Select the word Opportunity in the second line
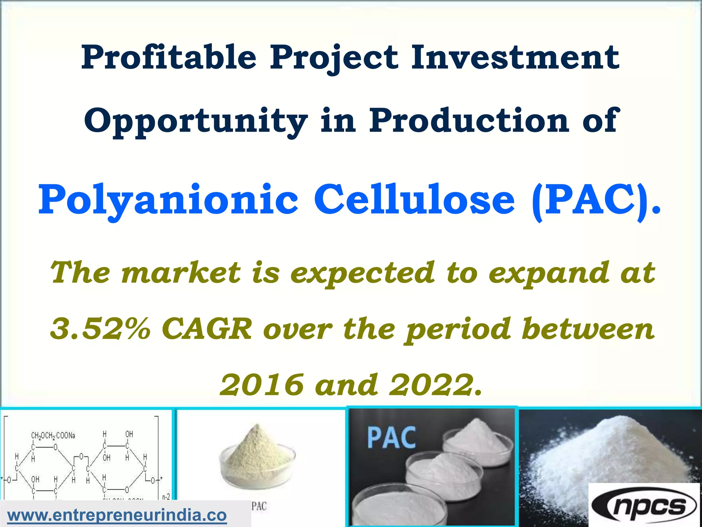(196, 121)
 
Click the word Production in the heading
(469, 120)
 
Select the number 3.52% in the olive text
(100, 328)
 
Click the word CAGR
(207, 328)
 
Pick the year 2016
(261, 385)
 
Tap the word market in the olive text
(181, 273)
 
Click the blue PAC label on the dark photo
(391, 437)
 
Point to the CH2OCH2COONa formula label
(53, 436)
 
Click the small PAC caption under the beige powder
(259, 506)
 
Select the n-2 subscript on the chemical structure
(166, 497)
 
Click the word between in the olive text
(588, 328)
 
